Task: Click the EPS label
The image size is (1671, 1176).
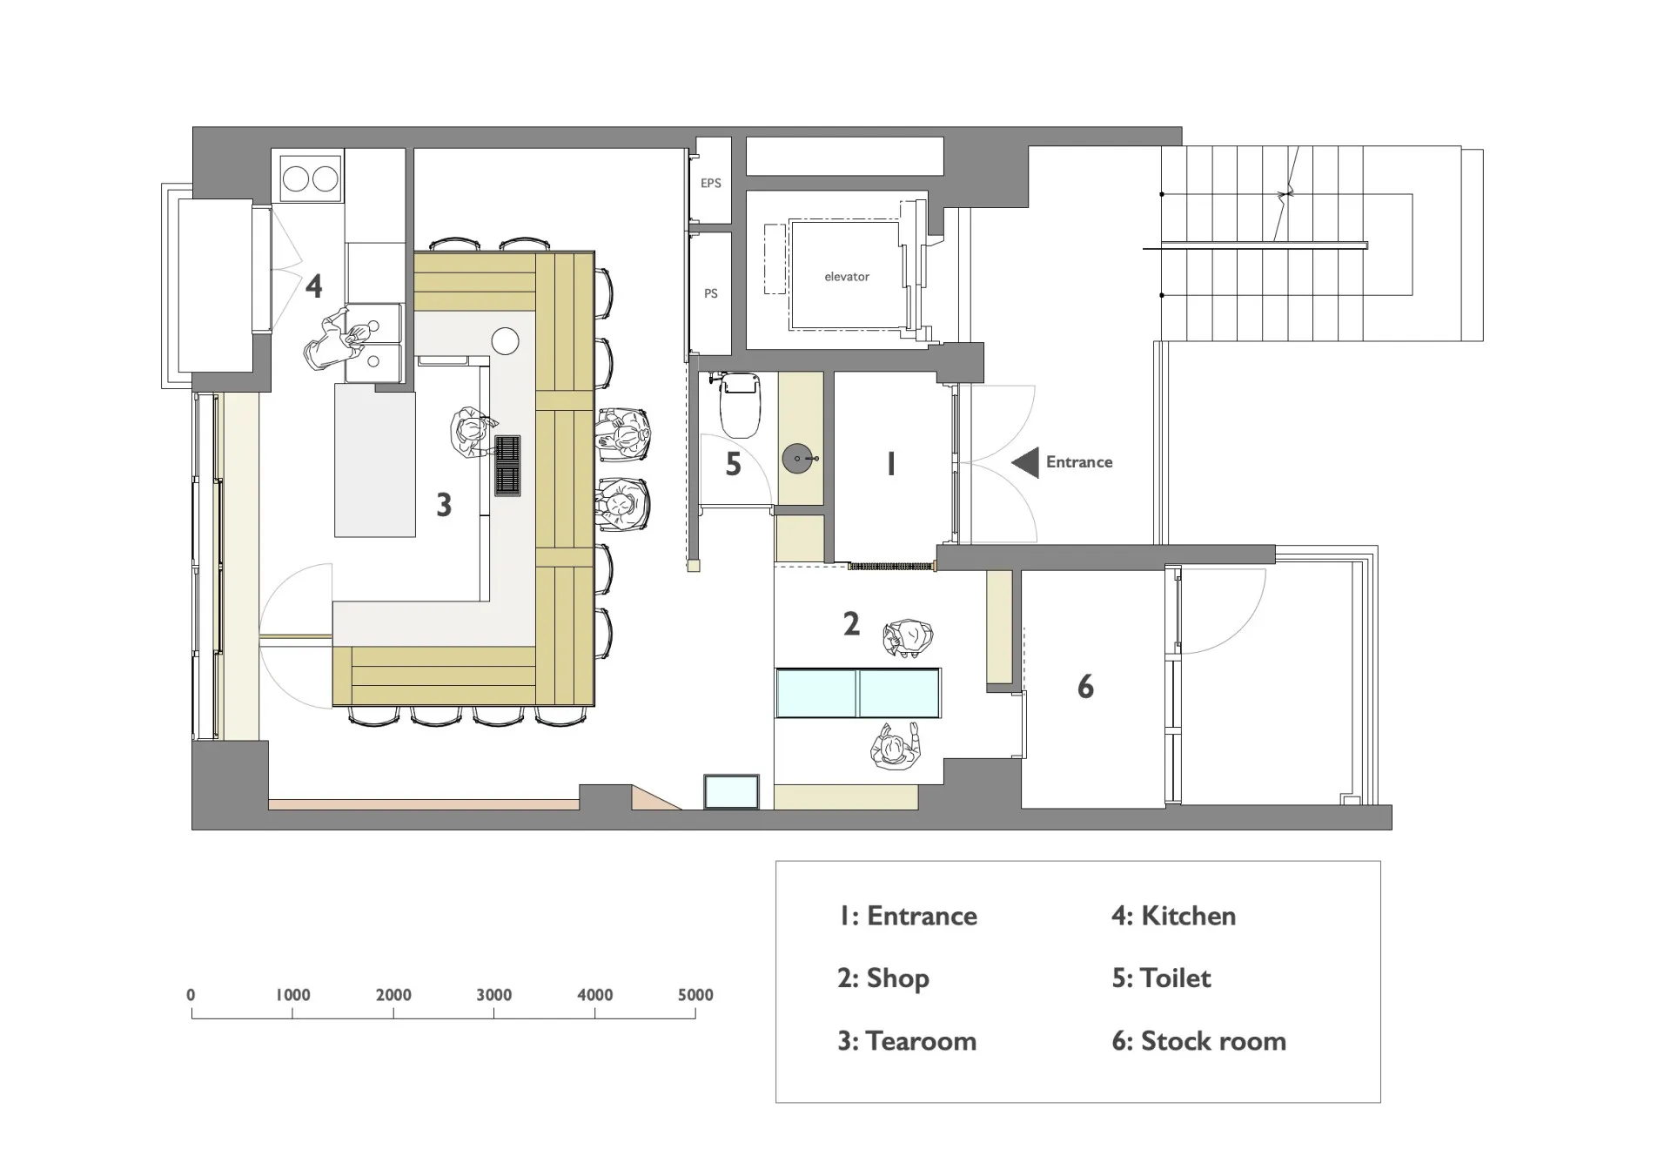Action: pos(711,183)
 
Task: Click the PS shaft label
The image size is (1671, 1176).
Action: pos(711,293)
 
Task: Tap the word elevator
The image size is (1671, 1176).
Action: pos(847,277)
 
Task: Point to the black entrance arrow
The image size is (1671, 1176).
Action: pos(1025,462)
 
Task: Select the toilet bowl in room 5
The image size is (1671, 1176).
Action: pos(741,404)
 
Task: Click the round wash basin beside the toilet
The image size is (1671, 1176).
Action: pos(798,458)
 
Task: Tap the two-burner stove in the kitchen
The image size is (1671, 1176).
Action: pos(311,179)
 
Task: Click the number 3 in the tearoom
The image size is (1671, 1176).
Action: pos(444,505)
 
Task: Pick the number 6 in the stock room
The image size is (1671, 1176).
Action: pos(1085,687)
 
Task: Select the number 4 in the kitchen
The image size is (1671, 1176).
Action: pos(314,286)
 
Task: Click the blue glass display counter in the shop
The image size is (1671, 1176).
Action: pos(858,693)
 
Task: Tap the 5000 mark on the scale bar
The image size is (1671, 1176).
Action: pos(695,995)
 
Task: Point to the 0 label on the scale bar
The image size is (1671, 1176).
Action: pos(191,995)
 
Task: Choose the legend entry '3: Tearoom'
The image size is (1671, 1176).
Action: pos(907,1041)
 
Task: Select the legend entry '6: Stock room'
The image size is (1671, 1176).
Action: pos(1198,1041)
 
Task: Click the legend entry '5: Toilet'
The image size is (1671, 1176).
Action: pos(1161,978)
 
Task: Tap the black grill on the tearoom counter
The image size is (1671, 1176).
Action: pos(507,466)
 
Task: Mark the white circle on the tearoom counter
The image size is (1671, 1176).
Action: pos(506,341)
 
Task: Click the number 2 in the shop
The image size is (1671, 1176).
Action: pos(851,623)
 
